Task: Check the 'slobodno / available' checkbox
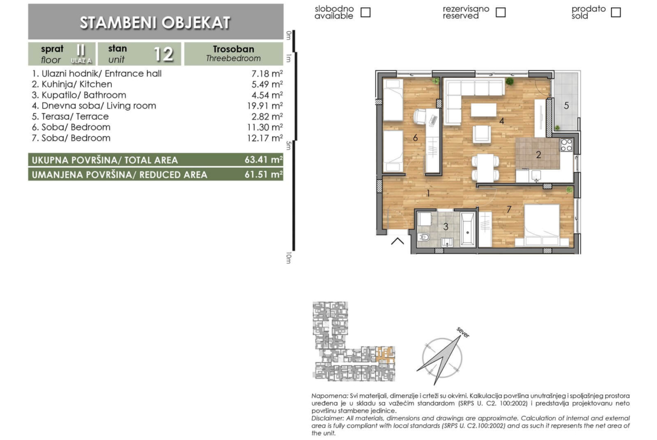coord(366,12)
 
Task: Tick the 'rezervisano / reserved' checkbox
coord(500,12)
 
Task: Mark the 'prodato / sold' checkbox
coord(615,12)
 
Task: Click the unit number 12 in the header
coord(163,54)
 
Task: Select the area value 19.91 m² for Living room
coord(265,106)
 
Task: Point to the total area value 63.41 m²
coord(263,160)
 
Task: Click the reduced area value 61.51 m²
coord(263,174)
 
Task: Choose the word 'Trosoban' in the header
coord(234,49)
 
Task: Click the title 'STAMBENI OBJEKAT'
coord(155,22)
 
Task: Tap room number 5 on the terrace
coord(566,105)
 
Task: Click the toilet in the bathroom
coord(423,237)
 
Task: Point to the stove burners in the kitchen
coord(567,145)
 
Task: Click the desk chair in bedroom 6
coord(421,117)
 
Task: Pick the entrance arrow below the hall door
coord(398,240)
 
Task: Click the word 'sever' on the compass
coord(463,332)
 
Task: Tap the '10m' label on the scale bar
coord(289,257)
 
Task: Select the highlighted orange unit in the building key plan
coord(385,354)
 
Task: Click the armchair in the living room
coord(481,134)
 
